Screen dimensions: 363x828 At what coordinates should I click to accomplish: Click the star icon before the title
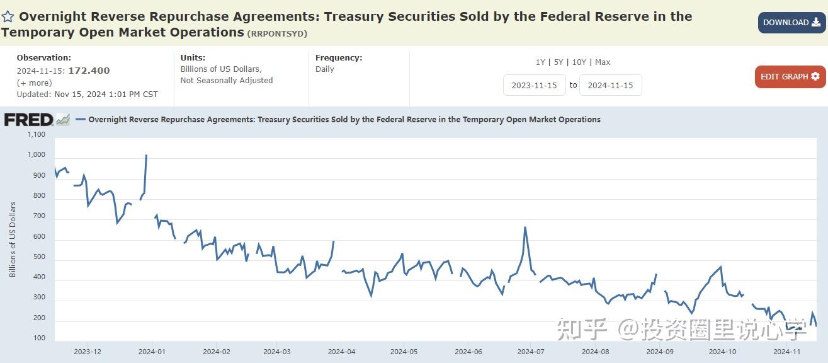click(8, 17)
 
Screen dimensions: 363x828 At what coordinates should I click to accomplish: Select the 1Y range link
click(540, 62)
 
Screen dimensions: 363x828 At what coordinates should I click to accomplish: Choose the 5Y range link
click(559, 62)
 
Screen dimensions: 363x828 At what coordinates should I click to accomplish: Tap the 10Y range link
click(579, 62)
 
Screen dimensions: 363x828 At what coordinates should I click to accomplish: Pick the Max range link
click(603, 62)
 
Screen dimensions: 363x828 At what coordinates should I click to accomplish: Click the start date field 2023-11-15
click(534, 85)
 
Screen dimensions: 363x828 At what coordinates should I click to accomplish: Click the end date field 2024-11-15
click(610, 85)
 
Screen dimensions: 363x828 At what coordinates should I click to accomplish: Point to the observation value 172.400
click(89, 71)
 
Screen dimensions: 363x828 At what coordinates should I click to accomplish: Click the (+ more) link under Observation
click(35, 83)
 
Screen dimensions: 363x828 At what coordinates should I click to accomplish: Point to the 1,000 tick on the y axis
click(37, 155)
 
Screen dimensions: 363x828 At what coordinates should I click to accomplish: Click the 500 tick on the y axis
click(39, 257)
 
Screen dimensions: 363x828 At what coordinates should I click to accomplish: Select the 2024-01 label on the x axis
click(152, 352)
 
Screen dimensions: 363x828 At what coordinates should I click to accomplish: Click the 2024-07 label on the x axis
click(531, 352)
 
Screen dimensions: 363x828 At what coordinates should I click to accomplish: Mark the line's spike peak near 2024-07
click(525, 228)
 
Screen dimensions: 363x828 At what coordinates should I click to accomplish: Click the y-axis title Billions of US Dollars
click(13, 239)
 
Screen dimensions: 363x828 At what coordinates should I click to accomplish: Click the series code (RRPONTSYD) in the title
click(277, 33)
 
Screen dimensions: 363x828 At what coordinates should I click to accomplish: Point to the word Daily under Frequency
click(325, 69)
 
